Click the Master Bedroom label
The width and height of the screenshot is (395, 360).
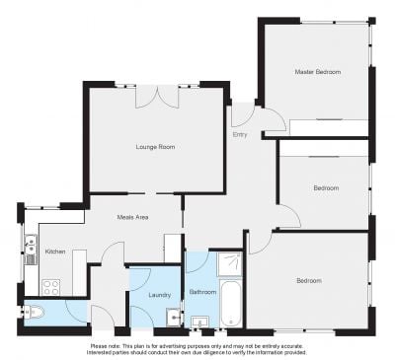click(318, 72)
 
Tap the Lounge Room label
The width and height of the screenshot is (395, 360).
click(155, 147)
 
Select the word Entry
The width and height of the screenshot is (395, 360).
click(240, 135)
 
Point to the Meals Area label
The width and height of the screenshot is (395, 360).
click(132, 217)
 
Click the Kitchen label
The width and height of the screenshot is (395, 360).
click(55, 252)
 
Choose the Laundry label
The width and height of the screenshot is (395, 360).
click(159, 295)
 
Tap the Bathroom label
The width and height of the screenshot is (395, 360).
click(202, 292)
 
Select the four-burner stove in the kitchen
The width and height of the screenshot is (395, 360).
click(51, 287)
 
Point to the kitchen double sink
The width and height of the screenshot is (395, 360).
click(31, 246)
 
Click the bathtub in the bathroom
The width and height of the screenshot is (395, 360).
click(230, 303)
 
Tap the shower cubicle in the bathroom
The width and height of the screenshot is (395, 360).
click(229, 264)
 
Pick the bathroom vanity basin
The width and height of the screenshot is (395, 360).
click(200, 322)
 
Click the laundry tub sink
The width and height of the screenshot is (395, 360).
click(173, 317)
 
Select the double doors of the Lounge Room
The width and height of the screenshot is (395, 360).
click(157, 98)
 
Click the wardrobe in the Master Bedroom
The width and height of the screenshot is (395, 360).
click(329, 127)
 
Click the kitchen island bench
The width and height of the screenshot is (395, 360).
click(79, 272)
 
